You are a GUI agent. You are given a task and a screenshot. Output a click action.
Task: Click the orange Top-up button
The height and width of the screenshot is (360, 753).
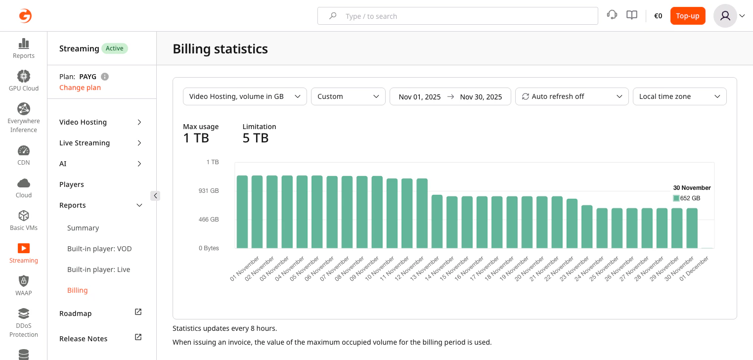click(687, 16)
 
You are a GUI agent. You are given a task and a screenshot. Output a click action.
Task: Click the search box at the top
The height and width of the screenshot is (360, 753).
click(457, 16)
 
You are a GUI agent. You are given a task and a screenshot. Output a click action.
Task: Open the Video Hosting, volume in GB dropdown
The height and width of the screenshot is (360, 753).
click(245, 96)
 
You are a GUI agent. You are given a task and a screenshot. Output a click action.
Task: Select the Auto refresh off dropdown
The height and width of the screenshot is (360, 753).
click(572, 96)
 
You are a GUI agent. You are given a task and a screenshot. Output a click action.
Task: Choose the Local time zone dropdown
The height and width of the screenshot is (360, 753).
click(679, 96)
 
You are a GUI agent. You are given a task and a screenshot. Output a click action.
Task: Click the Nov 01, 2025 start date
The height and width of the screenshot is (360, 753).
click(419, 97)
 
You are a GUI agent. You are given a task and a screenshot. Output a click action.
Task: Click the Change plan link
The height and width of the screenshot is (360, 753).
click(80, 88)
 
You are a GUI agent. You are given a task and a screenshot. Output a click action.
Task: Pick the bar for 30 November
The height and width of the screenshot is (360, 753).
click(692, 228)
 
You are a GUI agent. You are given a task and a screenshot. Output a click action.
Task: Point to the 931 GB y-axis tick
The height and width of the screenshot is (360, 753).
click(209, 191)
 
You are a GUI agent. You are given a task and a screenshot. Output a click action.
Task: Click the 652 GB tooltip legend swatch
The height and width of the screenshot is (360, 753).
click(676, 198)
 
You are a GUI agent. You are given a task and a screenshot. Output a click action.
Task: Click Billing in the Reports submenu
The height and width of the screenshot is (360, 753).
click(78, 290)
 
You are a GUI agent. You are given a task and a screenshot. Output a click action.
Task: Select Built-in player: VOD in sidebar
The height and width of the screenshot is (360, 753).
click(99, 249)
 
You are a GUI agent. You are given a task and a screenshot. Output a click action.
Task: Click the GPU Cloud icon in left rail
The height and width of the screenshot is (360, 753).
click(23, 76)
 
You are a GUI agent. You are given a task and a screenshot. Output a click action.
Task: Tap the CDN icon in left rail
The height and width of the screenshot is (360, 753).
click(23, 150)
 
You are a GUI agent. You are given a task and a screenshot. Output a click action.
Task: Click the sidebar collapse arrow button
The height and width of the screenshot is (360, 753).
click(155, 195)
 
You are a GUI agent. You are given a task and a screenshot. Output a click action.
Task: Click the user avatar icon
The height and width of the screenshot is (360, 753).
click(725, 16)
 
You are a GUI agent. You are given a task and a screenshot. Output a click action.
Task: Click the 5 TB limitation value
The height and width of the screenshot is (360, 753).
click(256, 138)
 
